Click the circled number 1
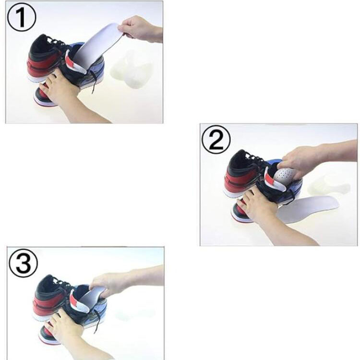(x=22, y=17)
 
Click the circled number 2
(x=216, y=139)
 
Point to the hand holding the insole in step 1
(x=141, y=29)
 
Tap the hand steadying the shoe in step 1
(x=71, y=96)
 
